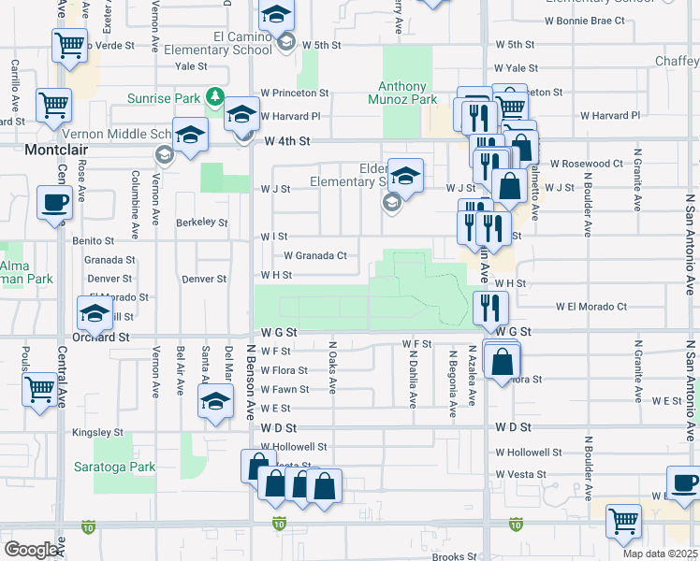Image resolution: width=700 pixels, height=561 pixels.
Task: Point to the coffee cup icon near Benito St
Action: point(54,204)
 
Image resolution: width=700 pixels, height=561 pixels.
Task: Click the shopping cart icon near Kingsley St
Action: point(39,388)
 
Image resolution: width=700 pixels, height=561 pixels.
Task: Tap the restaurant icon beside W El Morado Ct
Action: point(490,308)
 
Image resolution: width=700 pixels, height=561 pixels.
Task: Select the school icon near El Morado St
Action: point(95,314)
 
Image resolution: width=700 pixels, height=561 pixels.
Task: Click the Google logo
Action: point(32,550)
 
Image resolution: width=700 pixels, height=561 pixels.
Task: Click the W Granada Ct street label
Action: point(315,255)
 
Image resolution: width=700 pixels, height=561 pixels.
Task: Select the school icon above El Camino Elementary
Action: point(276,15)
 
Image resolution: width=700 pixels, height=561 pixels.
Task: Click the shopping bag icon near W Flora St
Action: point(503,362)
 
